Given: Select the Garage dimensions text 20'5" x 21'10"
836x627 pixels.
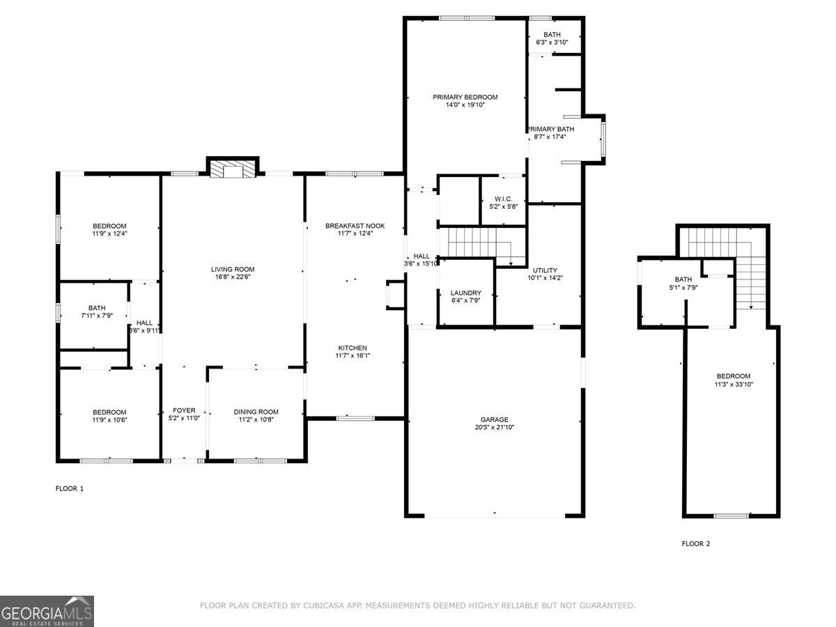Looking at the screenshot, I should click(x=494, y=428).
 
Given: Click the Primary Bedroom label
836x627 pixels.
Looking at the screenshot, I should click(x=465, y=97).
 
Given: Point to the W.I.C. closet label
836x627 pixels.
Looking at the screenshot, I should click(x=504, y=199).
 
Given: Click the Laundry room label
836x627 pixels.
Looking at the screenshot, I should click(x=465, y=293).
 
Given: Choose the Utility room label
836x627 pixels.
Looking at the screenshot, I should click(x=545, y=270).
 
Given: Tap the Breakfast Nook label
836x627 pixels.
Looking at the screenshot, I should click(x=355, y=226).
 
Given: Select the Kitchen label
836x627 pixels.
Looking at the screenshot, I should click(x=353, y=348).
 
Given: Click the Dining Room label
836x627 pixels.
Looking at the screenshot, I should click(x=256, y=412).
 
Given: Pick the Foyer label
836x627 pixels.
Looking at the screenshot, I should click(x=184, y=410).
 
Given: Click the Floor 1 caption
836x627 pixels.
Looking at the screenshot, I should click(x=70, y=489).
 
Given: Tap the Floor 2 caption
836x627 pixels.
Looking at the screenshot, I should click(x=695, y=544).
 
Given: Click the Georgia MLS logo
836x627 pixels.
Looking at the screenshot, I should click(x=47, y=611).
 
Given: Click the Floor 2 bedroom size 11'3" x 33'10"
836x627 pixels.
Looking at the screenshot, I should click(x=733, y=385).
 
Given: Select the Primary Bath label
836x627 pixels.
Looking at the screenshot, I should click(x=550, y=129).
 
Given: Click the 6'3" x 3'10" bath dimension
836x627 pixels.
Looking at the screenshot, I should click(x=552, y=42).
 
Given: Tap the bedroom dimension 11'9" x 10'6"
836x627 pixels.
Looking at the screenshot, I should click(x=109, y=419).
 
